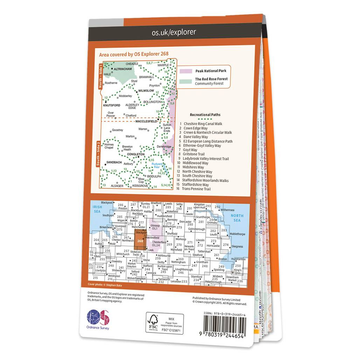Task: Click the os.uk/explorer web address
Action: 174,33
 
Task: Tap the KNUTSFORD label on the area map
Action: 112,105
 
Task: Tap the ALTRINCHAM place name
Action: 122,69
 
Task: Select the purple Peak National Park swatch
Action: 186,71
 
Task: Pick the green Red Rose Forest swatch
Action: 186,81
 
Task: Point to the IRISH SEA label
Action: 97,209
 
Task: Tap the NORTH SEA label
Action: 237,218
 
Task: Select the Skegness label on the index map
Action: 237,247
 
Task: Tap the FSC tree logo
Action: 153,320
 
